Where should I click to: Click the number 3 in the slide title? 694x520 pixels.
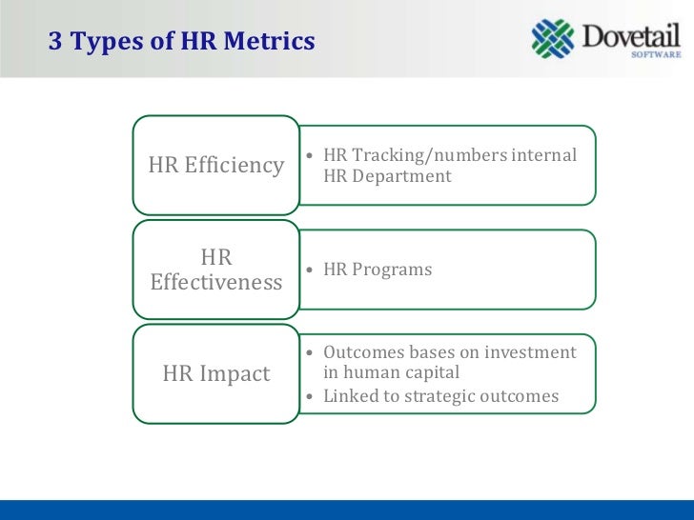coord(54,43)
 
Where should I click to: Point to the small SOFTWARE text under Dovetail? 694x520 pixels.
coord(657,55)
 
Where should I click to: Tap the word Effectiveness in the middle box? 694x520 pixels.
coord(216,283)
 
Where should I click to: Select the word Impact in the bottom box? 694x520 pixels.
coord(235,374)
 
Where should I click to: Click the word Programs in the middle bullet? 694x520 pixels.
coord(392,270)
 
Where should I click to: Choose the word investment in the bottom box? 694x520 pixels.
coord(530,352)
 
